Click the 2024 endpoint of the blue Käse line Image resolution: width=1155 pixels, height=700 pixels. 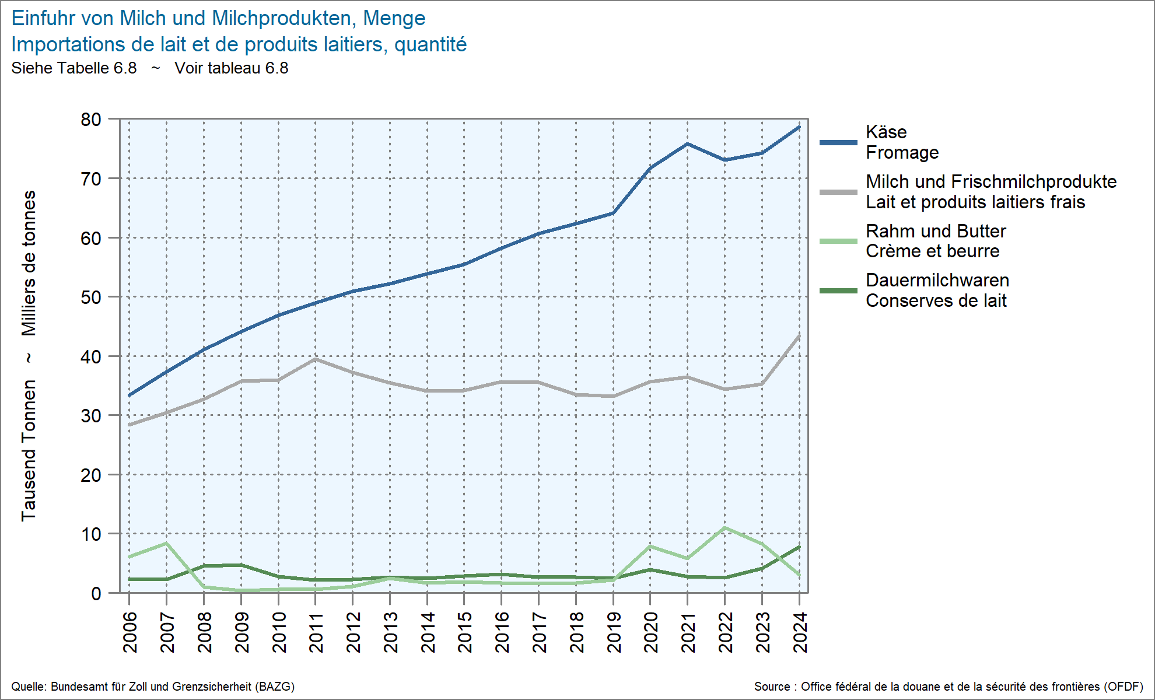pyautogui.click(x=799, y=127)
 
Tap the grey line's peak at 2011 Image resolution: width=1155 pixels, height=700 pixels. pyautogui.click(x=316, y=359)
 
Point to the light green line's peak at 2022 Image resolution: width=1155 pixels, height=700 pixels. pyautogui.click(x=724, y=528)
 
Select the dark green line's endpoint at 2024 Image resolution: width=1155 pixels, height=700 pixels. pyautogui.click(x=799, y=547)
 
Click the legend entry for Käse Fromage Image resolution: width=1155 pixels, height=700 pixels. pyautogui.click(x=902, y=142)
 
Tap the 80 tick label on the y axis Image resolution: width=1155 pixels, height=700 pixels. pyautogui.click(x=91, y=120)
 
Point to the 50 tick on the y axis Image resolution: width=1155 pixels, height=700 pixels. pyautogui.click(x=91, y=297)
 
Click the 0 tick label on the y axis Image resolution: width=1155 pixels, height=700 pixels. pyautogui.click(x=96, y=594)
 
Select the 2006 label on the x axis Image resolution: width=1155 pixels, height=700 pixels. pyautogui.click(x=129, y=632)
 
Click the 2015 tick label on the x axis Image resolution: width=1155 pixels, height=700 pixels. pyautogui.click(x=464, y=632)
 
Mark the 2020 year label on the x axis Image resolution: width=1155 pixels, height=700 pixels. pyautogui.click(x=650, y=632)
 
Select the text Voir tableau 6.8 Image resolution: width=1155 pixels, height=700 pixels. pyautogui.click(x=232, y=68)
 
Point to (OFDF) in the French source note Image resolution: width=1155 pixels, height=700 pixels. pyautogui.click(x=1123, y=687)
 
